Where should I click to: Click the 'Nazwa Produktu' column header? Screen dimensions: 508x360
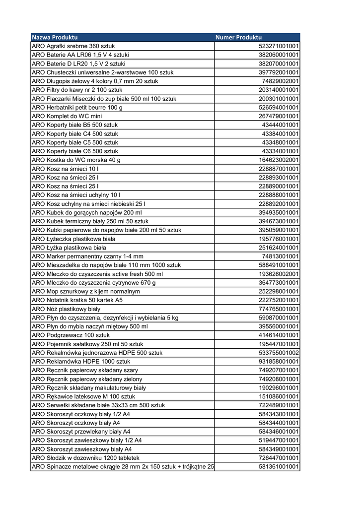55,37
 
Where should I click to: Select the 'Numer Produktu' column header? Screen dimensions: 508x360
238,37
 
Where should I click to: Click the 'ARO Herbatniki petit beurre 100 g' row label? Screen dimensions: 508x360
77,107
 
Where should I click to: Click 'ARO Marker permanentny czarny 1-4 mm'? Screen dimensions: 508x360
87,256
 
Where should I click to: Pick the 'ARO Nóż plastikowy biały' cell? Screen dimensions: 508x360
66,309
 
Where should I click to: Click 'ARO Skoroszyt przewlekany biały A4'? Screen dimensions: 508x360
81,431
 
